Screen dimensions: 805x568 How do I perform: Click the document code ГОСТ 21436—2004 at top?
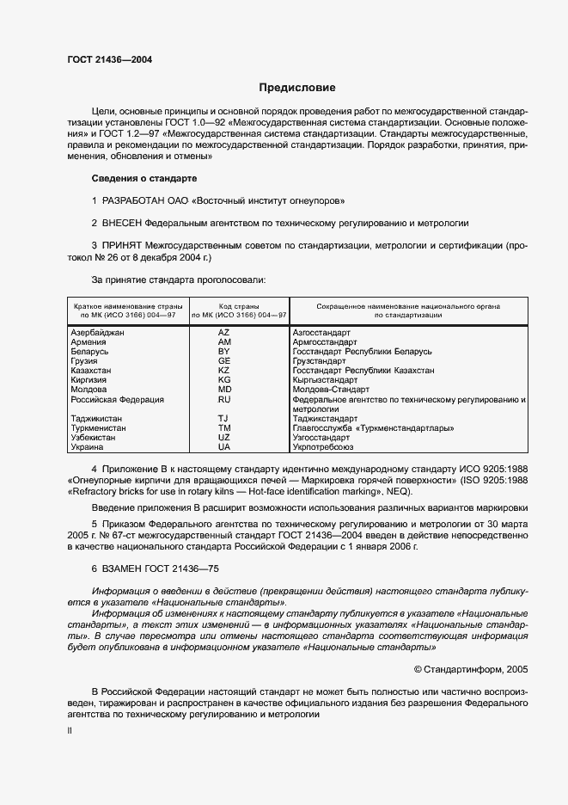pos(110,59)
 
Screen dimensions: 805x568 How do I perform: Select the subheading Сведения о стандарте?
pos(144,178)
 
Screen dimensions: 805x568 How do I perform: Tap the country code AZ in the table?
pos(224,332)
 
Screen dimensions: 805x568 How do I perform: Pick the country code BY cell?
pos(224,352)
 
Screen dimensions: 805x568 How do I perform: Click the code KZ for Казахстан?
pos(224,371)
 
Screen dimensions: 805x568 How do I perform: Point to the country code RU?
pos(224,400)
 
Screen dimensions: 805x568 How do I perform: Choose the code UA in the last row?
pos(224,447)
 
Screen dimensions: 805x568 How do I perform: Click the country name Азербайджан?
pos(97,332)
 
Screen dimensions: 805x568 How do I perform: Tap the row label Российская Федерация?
pos(117,400)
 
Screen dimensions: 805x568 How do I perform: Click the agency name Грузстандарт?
pos(319,361)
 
